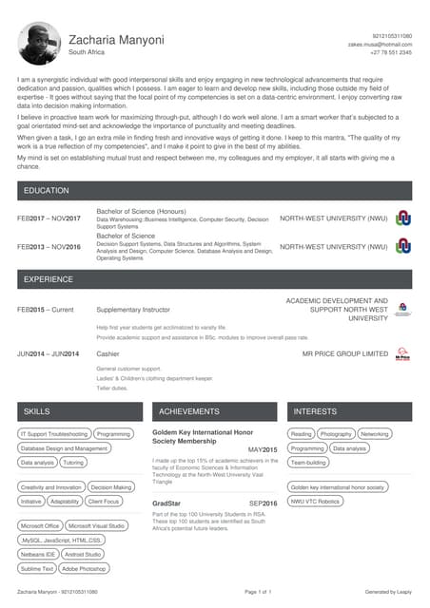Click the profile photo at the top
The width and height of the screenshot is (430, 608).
pyautogui.click(x=39, y=44)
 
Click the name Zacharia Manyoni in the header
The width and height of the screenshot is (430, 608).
pyautogui.click(x=116, y=40)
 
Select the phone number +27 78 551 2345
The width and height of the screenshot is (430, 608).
pyautogui.click(x=391, y=52)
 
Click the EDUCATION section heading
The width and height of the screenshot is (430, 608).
pyautogui.click(x=47, y=191)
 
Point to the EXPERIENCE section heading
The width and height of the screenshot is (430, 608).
pyautogui.click(x=49, y=280)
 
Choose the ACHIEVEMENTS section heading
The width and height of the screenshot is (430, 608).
pyautogui.click(x=189, y=411)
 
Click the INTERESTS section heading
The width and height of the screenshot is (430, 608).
pyautogui.click(x=315, y=411)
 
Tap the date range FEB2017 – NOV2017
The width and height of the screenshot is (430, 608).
pyautogui.click(x=49, y=218)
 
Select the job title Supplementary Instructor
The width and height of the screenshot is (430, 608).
pyautogui.click(x=133, y=310)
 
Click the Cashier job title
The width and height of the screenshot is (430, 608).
pyautogui.click(x=107, y=353)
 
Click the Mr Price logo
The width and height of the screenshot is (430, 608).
pyautogui.click(x=402, y=353)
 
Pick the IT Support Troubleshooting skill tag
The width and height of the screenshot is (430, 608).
pyautogui.click(x=54, y=434)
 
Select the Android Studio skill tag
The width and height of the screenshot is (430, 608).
pyautogui.click(x=83, y=554)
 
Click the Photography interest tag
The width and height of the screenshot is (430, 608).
pyautogui.click(x=336, y=434)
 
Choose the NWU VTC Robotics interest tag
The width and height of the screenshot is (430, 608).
pyautogui.click(x=315, y=501)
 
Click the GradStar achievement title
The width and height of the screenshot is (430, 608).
pyautogui.click(x=166, y=503)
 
